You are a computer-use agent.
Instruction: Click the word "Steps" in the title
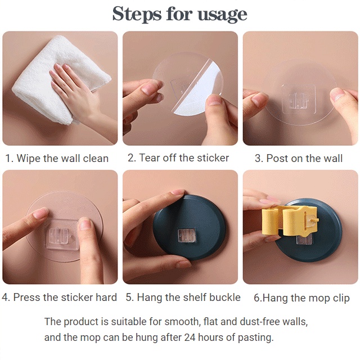[x=137, y=13]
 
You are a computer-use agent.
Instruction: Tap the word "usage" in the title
[x=223, y=15]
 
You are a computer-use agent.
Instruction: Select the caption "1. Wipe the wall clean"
[x=57, y=159]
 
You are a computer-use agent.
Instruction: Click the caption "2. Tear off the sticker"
[x=178, y=158]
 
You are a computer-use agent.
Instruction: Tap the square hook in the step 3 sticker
[x=299, y=100]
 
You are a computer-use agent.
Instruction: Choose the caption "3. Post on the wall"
[x=299, y=159]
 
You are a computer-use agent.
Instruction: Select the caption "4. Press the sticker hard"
[x=60, y=298]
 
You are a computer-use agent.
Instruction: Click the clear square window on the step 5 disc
[x=186, y=235]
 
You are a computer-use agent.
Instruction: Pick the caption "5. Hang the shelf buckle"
[x=183, y=298]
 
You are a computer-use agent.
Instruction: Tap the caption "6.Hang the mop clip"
[x=301, y=298]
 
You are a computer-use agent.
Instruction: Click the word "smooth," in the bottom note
[x=182, y=321]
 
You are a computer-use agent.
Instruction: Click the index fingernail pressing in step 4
[x=40, y=213]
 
